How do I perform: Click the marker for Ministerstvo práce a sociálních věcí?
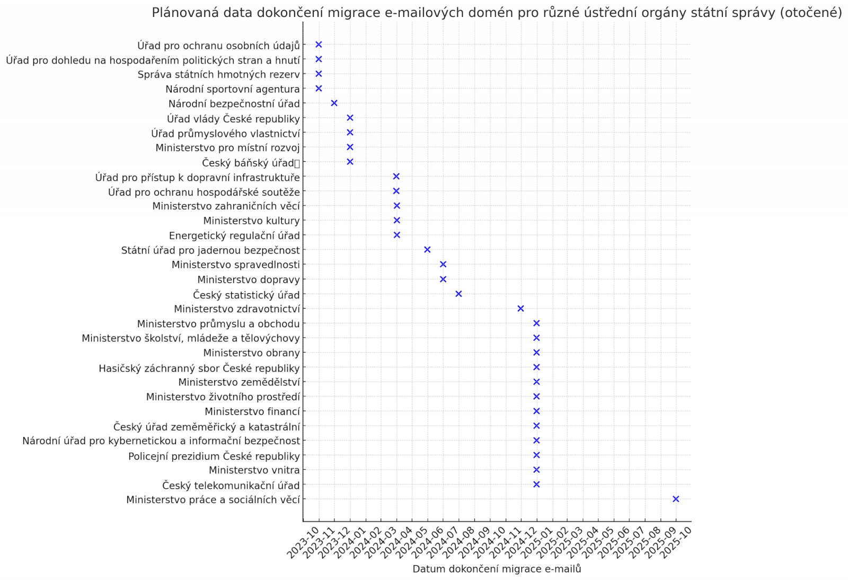[676, 499]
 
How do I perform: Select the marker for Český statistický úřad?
[458, 294]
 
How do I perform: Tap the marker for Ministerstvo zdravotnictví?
[520, 309]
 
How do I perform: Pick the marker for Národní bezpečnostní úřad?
[334, 103]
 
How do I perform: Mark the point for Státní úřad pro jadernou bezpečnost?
[427, 250]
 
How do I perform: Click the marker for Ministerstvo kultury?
[396, 221]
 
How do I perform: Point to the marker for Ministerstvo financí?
[536, 411]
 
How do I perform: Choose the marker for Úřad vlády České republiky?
[350, 118]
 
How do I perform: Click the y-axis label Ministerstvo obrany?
[251, 353]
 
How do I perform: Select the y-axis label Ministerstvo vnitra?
[254, 470]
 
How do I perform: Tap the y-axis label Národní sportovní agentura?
[232, 89]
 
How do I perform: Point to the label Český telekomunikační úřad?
[231, 485]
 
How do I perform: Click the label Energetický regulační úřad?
[234, 235]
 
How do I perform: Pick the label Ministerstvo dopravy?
[248, 279]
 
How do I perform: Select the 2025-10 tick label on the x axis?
[677, 542]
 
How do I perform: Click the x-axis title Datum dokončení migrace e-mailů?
[497, 569]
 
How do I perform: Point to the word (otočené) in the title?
[810, 13]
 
